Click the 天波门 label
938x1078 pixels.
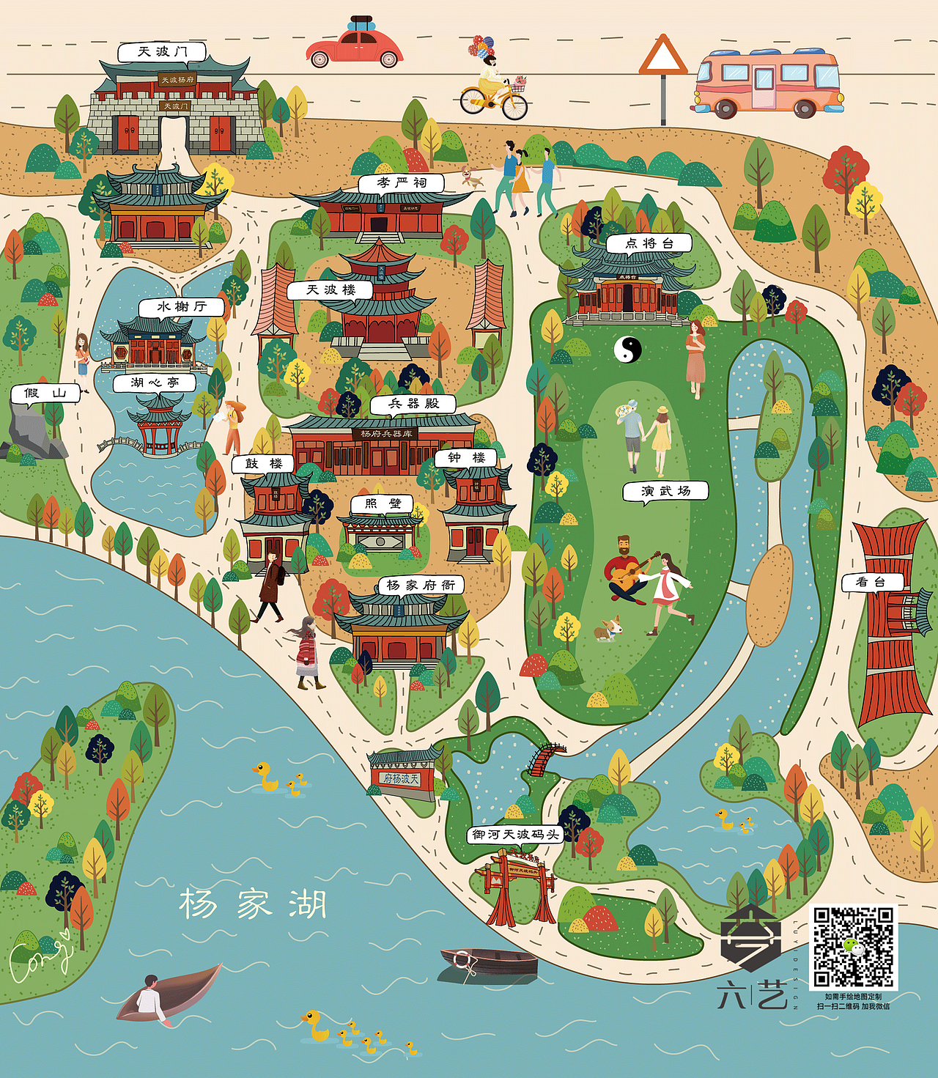pos(162,52)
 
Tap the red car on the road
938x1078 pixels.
pos(355,48)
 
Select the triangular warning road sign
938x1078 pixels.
pos(662,56)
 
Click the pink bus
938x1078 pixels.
pos(767,83)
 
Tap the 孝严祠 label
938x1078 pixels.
pos(402,182)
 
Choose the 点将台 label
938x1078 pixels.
pos(649,243)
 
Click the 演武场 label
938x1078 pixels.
pos(665,491)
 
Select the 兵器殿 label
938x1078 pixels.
pos(413,404)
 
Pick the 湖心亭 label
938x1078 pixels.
pos(155,383)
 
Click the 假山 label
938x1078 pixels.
pos(45,394)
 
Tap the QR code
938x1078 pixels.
pos(853,947)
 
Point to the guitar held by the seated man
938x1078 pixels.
pos(632,573)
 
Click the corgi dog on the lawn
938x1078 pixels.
pos(608,629)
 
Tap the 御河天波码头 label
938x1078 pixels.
pos(515,835)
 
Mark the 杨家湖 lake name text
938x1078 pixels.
pos(253,904)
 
